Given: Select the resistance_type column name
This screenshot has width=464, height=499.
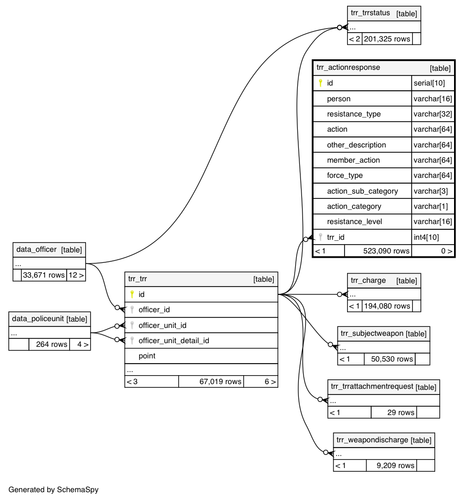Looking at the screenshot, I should point(353,114).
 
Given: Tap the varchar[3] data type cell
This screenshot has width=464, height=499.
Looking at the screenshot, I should point(430,191).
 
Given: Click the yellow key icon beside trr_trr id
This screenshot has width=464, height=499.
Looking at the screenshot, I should point(132,294).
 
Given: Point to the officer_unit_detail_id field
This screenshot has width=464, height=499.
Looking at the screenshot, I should point(174,341).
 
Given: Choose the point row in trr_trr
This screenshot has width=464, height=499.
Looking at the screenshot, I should point(147,356).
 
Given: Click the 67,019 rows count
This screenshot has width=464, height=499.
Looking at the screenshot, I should point(220,381).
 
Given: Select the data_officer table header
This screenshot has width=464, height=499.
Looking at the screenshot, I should point(36,250).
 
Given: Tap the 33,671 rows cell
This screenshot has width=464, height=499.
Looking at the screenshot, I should point(44,274).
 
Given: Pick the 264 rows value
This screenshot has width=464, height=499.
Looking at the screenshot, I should point(51,344).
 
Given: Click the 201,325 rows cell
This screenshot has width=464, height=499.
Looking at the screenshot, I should point(386,39).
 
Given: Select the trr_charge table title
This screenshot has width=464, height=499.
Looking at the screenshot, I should point(368,281).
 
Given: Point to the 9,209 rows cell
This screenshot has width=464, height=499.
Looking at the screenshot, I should point(395,465).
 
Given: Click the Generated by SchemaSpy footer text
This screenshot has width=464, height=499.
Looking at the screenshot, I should point(53,490).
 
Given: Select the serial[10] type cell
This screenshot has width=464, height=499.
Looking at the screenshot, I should point(429,83).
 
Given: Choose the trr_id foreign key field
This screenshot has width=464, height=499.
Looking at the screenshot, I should point(336,237).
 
